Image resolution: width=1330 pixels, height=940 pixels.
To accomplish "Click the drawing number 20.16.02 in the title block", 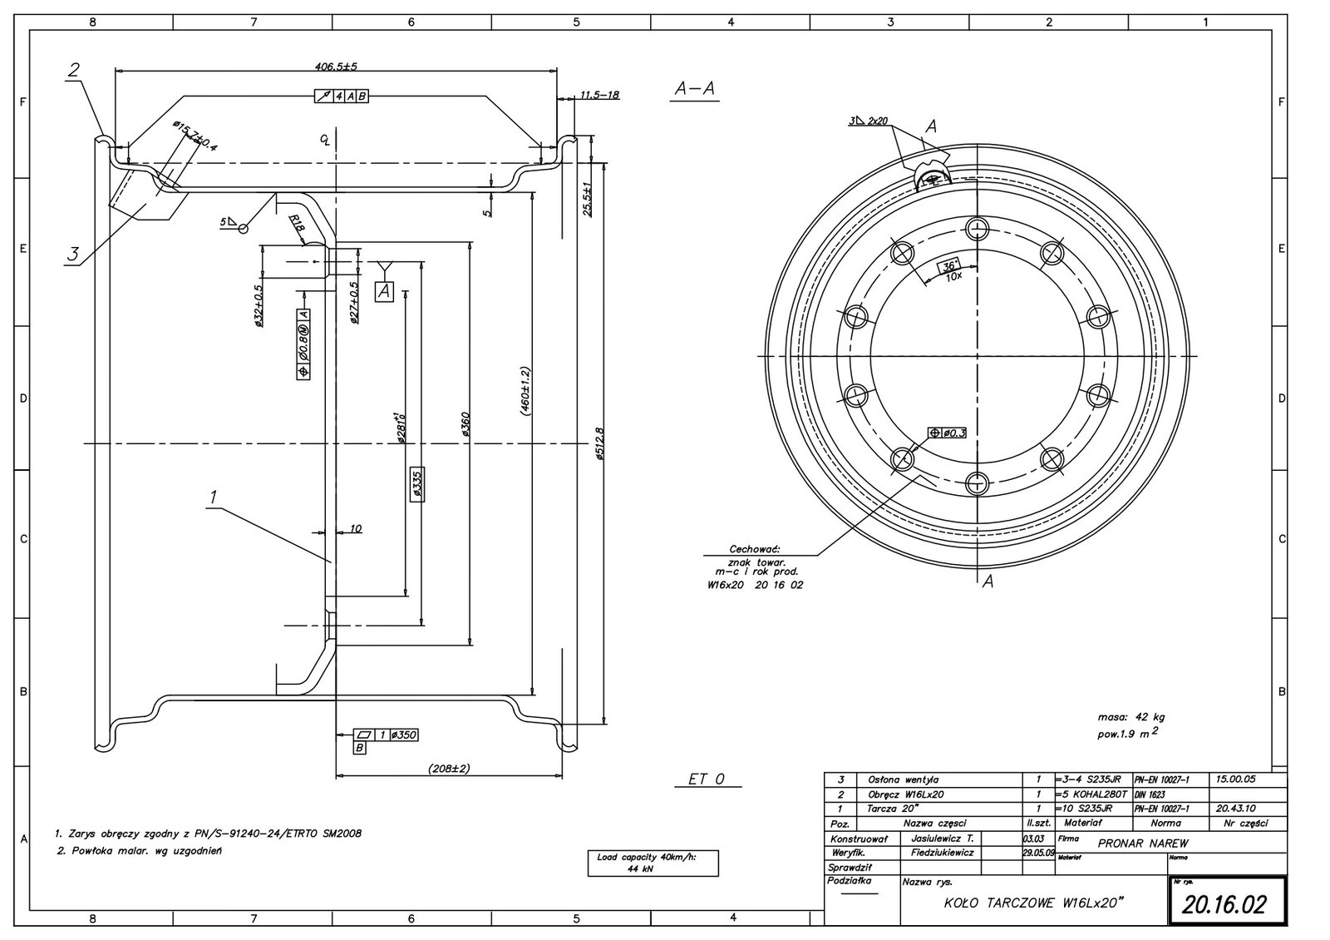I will (1225, 904).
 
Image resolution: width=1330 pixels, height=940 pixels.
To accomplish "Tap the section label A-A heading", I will (694, 90).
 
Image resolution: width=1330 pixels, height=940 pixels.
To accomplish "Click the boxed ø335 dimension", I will (417, 485).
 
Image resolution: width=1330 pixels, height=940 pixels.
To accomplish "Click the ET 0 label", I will (707, 779).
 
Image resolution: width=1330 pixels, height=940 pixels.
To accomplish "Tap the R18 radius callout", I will (297, 223).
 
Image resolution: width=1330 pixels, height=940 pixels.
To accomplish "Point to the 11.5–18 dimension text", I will (600, 95).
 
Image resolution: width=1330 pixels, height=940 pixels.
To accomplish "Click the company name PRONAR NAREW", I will (1142, 842).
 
